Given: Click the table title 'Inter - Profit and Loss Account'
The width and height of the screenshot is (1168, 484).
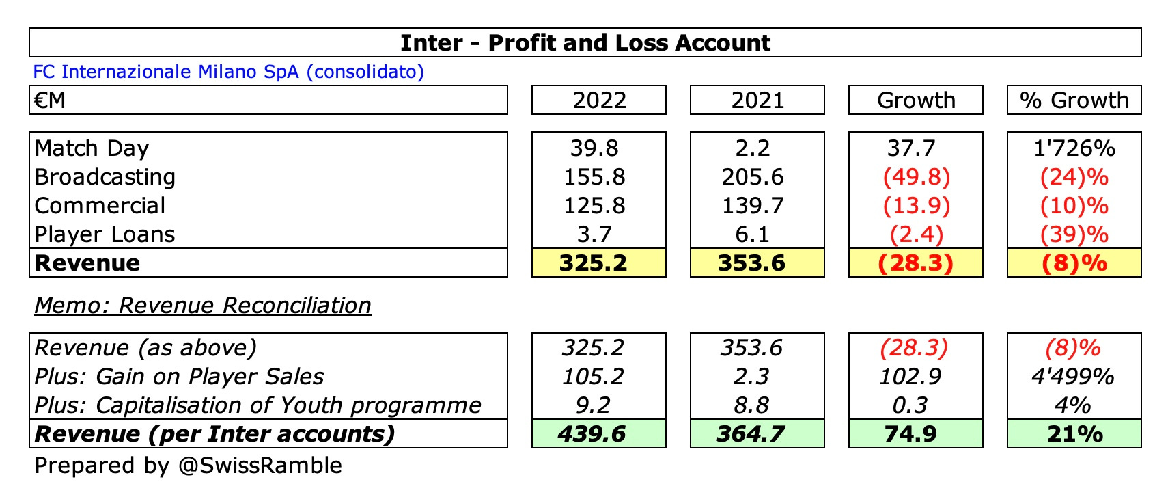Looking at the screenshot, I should click(585, 43).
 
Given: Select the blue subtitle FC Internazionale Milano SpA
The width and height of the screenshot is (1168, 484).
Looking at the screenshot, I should click(228, 72).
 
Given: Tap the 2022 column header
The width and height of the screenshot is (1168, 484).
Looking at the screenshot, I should click(599, 100).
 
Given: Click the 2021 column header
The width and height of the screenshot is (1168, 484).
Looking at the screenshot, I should click(757, 100).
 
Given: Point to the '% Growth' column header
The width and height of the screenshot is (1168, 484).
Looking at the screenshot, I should click(1074, 100).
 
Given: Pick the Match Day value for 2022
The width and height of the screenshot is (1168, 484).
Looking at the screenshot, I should click(594, 148).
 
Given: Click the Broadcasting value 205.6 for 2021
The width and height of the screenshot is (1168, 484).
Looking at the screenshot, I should click(753, 177).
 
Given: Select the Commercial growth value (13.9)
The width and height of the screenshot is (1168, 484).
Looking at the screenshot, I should click(916, 206).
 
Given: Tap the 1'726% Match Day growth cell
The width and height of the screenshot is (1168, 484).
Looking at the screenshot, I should click(1074, 148).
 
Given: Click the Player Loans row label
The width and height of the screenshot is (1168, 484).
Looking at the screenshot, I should click(105, 234).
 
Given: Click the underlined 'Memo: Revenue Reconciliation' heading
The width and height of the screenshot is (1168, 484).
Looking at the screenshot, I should click(203, 306).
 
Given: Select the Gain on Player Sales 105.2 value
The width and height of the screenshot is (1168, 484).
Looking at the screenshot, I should click(593, 377).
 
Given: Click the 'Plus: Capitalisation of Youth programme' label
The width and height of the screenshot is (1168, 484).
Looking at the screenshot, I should click(258, 405).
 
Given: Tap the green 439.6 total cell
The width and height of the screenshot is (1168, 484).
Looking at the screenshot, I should click(592, 434).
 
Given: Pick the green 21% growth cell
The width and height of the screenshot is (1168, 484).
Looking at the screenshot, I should click(1074, 434).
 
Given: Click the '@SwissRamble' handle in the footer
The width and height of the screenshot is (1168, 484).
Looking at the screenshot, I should click(260, 466).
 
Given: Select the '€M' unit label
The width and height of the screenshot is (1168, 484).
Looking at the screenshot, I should click(50, 100).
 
